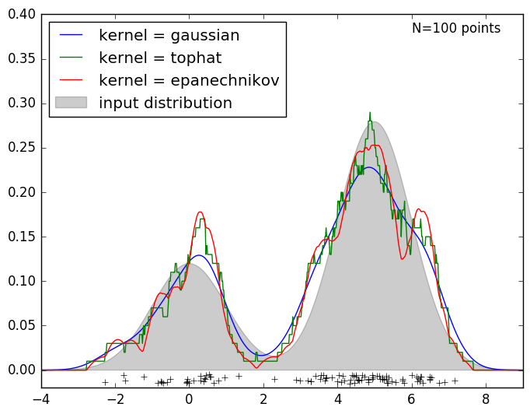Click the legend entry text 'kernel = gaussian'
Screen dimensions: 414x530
tap(169, 36)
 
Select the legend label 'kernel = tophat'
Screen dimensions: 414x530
tap(159, 58)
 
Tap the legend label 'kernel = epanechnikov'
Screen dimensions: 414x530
tap(188, 81)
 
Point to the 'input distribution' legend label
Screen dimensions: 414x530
tap(165, 103)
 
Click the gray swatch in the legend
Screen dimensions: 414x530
tap(71, 103)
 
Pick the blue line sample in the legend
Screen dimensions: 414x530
tap(71, 36)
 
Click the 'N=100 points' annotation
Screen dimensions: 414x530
tap(456, 29)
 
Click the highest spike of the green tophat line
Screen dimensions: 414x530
tap(370, 113)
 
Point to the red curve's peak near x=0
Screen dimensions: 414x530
tap(200, 212)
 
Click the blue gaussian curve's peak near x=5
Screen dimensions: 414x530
tap(371, 167)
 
